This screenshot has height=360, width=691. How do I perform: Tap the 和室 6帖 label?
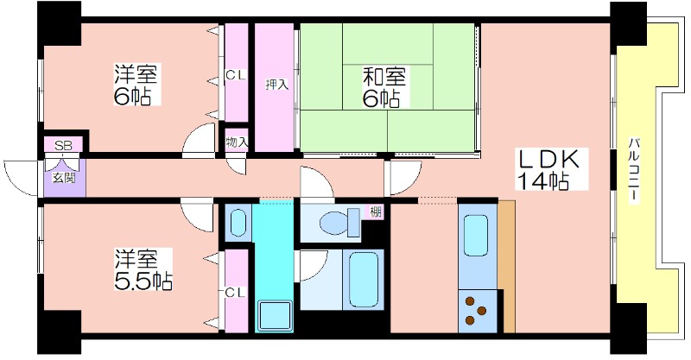tap(383, 87)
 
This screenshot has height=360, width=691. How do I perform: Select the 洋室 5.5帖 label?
tap(143, 269)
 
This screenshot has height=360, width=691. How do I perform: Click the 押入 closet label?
tap(276, 84)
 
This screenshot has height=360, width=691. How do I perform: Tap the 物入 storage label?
tap(237, 142)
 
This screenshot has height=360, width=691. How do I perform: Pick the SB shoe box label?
tap(63, 146)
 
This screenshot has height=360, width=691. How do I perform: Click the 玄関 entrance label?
tap(64, 178)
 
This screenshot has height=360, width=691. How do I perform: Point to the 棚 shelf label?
tap(376, 212)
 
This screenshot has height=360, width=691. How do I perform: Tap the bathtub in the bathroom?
tap(364, 280)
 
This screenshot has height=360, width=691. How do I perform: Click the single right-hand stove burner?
tap(481, 311)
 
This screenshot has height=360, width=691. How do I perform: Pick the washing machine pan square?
tap(276, 315)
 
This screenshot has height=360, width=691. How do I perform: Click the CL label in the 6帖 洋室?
tap(236, 76)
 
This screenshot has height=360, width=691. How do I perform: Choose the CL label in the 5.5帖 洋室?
tap(235, 292)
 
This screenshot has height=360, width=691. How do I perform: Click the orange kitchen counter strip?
tap(507, 267)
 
